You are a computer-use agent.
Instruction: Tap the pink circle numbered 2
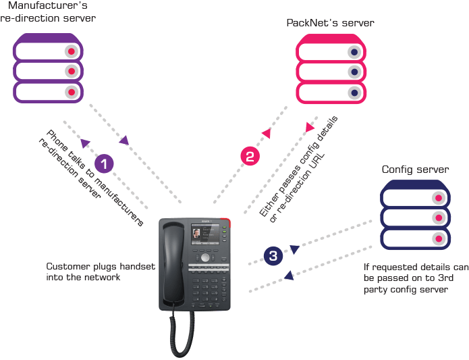click(x=250, y=157)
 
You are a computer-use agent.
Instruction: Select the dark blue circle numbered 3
click(x=273, y=256)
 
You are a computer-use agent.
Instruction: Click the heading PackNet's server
click(x=331, y=23)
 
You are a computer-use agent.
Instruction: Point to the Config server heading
click(x=415, y=169)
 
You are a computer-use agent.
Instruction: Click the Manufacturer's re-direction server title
click(x=49, y=11)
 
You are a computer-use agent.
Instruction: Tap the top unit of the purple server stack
click(x=48, y=51)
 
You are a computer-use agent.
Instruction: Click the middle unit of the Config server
click(x=415, y=217)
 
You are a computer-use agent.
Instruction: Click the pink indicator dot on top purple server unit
click(x=70, y=51)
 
